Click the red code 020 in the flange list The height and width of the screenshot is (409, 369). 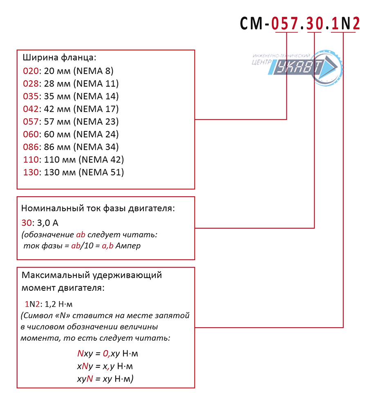click(31, 71)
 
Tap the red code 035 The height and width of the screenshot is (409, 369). click(31, 96)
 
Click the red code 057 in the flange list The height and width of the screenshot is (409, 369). click(31, 121)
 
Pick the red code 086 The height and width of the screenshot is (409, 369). click(31, 147)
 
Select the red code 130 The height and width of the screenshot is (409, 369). click(31, 172)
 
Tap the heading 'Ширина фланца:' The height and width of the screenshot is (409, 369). click(59, 58)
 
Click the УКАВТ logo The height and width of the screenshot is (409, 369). click(297, 67)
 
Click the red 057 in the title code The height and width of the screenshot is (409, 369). click(284, 23)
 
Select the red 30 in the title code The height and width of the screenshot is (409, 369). click(315, 23)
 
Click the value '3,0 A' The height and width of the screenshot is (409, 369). click(48, 223)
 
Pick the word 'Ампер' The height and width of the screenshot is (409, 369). click(128, 246)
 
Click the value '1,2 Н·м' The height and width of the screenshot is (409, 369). click(58, 304)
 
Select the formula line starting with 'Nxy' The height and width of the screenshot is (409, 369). click(107, 354)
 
